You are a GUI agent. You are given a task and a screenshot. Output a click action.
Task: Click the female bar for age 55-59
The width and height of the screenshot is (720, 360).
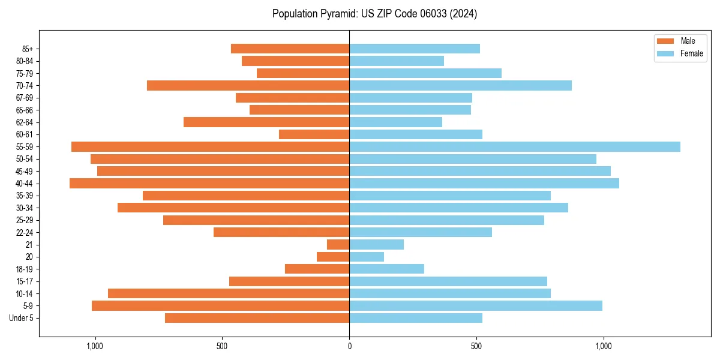click(x=515, y=146)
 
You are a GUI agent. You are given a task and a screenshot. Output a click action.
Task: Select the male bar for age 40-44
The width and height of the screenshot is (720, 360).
click(x=209, y=183)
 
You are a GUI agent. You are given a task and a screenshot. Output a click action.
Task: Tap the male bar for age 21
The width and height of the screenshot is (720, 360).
click(x=338, y=244)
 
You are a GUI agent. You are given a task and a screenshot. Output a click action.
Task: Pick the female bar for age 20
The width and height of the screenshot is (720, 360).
click(x=367, y=257)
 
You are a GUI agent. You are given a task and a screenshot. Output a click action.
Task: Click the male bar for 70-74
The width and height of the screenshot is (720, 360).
click(x=248, y=85)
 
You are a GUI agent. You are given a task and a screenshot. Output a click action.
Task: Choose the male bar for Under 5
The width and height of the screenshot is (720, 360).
click(x=257, y=318)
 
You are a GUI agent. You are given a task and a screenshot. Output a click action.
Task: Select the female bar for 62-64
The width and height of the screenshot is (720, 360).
click(x=396, y=122)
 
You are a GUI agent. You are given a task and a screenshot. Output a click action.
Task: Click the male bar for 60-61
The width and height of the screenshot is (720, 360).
click(x=314, y=134)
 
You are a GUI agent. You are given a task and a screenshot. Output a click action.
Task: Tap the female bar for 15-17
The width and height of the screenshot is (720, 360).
click(x=448, y=281)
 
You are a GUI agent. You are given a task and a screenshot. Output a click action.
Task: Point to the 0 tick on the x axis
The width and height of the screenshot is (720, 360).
click(x=349, y=346)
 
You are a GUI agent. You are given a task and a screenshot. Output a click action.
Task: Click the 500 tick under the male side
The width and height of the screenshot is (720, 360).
click(x=222, y=346)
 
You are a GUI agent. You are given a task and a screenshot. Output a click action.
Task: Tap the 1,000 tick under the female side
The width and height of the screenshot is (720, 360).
click(x=603, y=346)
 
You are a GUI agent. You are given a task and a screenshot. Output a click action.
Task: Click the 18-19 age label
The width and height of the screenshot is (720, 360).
click(x=25, y=269)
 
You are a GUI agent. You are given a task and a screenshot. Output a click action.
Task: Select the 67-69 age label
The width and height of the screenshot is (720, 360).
click(x=25, y=98)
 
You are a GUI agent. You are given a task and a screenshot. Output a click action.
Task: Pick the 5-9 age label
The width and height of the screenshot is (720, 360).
click(x=28, y=306)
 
